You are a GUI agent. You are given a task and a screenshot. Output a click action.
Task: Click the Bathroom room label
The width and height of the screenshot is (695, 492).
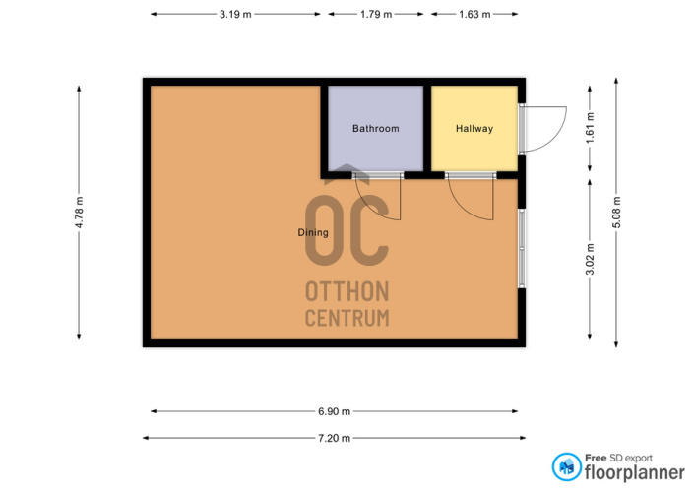pyautogui.click(x=375, y=129)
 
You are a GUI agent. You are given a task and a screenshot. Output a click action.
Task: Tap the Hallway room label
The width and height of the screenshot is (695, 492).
pyautogui.click(x=474, y=129)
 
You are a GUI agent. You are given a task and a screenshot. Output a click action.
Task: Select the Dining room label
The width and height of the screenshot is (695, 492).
pyautogui.click(x=313, y=232)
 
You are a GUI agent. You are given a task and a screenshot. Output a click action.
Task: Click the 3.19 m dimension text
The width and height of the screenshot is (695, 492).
pyautogui.click(x=235, y=14)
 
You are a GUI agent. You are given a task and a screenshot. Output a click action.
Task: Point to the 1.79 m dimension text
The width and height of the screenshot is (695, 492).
pyautogui.click(x=376, y=14)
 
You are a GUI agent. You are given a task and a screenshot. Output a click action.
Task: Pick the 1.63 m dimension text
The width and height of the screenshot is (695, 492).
pyautogui.click(x=474, y=14)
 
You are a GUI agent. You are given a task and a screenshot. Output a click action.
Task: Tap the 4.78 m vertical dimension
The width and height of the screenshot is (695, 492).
pyautogui.click(x=79, y=213)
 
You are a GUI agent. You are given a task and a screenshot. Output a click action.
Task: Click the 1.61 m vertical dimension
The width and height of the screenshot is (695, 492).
pyautogui.click(x=590, y=128)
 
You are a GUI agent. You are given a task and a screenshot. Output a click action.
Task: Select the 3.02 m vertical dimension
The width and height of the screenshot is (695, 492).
pyautogui.click(x=590, y=260)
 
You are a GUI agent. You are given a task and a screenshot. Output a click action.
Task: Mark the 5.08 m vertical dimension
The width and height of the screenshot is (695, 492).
pyautogui.click(x=616, y=213)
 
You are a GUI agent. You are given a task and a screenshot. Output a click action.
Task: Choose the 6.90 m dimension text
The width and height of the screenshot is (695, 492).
pyautogui.click(x=334, y=411)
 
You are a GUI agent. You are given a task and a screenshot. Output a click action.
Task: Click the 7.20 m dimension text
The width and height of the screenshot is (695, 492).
pyautogui.click(x=334, y=438)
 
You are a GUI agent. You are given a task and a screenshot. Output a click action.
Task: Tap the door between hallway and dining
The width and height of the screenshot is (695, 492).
pyautogui.click(x=471, y=197)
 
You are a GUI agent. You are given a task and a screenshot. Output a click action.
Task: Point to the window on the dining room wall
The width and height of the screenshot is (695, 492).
pyautogui.click(x=522, y=248)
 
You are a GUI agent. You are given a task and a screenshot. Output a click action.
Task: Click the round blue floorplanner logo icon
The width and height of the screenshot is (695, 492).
pyautogui.click(x=566, y=466)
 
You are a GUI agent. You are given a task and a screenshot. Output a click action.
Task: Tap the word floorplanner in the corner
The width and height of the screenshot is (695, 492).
pyautogui.click(x=635, y=472)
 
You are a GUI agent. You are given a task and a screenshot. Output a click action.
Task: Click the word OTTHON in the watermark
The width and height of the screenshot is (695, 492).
pyautogui.click(x=347, y=291)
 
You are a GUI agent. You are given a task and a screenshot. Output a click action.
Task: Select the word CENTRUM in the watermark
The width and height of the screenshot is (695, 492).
pyautogui.click(x=347, y=318)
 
